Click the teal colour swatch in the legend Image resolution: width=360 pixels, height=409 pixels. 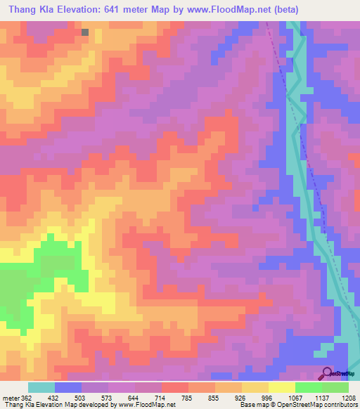click(x=41, y=387)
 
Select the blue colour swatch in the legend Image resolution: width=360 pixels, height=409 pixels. click(x=68, y=387)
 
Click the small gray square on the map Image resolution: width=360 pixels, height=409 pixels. click(x=85, y=32)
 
